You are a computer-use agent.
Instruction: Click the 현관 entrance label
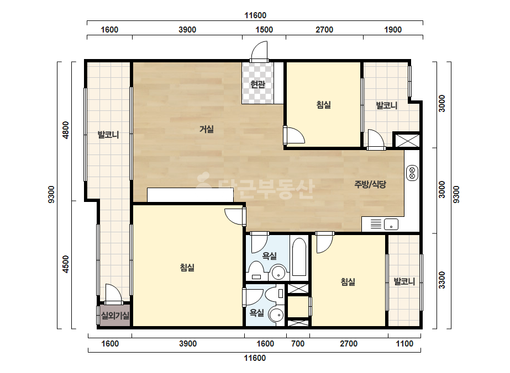point(257,84)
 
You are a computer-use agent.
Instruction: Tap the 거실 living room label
point(207,129)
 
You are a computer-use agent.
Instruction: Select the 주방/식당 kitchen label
point(370,184)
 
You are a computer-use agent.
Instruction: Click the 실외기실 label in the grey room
point(115,315)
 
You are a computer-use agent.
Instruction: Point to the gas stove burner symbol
point(412,173)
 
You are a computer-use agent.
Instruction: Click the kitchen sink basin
point(391,224)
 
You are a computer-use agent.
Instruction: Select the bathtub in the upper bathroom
point(299,257)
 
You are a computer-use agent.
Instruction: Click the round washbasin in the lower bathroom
point(276,315)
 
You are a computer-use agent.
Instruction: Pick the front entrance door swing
point(260,51)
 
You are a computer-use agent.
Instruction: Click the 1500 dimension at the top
point(264,30)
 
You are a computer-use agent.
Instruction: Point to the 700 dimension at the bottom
point(298,344)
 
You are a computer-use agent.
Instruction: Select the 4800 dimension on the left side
point(66,130)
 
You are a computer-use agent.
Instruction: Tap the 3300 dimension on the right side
point(441,280)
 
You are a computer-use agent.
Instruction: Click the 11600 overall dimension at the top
point(255,15)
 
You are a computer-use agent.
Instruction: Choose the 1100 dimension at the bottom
point(404,344)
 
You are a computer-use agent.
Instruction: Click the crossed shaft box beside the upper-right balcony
point(407,140)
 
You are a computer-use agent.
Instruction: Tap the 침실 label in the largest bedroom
point(187,268)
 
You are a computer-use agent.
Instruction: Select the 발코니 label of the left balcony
point(108,135)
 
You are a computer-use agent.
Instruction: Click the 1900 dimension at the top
point(393,30)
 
